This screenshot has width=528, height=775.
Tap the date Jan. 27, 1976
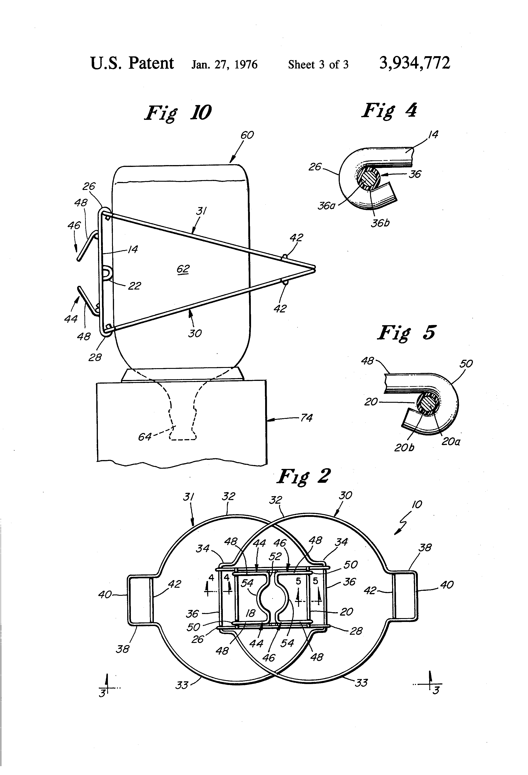pos(224,64)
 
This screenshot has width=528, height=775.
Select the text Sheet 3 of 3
pos(318,64)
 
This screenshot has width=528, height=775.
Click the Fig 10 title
pos(178,113)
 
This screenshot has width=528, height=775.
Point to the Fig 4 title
pos(389,110)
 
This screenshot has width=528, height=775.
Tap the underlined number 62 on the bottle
pos(183,269)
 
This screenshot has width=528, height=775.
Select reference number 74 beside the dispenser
pos(306,418)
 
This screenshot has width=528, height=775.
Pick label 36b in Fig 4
pos(380,223)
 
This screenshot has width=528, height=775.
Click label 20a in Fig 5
pos(451,442)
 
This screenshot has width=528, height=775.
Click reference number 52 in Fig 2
pos(275,556)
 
